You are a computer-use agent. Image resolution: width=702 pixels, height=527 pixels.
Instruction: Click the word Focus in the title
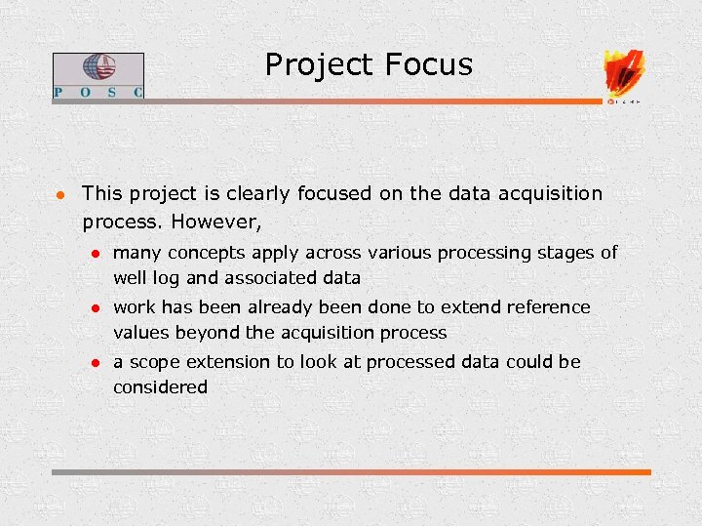click(x=428, y=65)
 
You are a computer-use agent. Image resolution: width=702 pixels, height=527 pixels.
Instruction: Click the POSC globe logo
click(x=97, y=68)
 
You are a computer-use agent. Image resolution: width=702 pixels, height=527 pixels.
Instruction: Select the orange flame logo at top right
click(x=624, y=72)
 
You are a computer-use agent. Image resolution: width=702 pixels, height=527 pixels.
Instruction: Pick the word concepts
click(x=212, y=253)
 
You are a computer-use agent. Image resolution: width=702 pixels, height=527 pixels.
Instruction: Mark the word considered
click(x=160, y=387)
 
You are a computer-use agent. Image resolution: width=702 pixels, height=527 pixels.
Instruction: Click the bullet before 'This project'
click(x=59, y=194)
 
